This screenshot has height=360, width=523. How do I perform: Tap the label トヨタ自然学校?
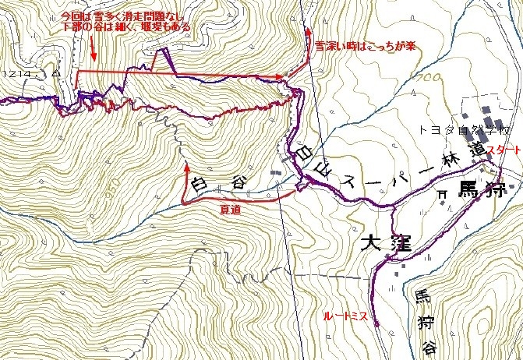click(452, 126)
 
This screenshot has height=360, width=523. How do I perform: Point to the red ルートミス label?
click(348, 317)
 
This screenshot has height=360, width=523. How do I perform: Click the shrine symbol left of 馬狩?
click(441, 193)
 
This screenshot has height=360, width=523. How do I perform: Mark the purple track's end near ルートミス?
click(375, 323)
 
